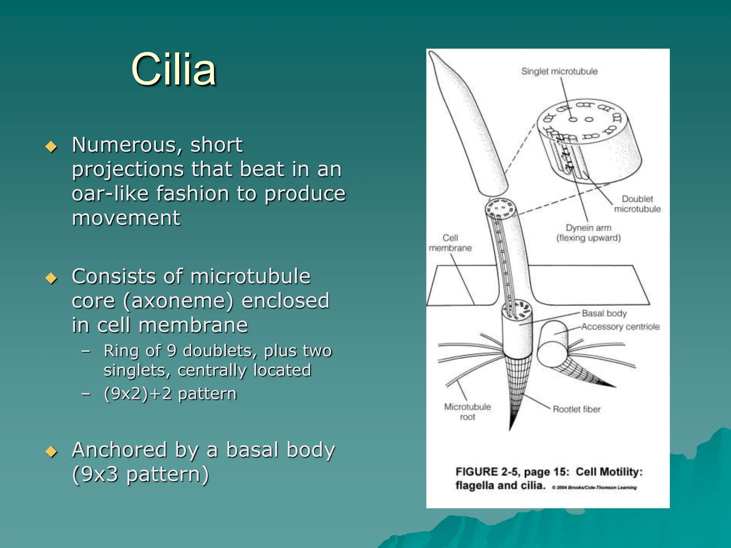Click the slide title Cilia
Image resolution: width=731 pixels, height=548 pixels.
173,70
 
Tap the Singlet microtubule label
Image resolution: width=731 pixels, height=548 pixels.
559,71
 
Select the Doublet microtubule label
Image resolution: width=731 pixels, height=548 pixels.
637,204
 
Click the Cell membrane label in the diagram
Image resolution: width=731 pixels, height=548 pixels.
450,243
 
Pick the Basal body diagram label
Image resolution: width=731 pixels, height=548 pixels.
604,313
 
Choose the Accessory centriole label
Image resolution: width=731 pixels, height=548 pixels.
620,326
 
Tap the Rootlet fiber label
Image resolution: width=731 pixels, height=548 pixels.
576,409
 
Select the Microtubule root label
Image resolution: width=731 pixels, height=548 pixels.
467,412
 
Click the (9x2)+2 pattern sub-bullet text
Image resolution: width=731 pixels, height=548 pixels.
170,394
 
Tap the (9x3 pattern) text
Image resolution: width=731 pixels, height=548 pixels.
140,474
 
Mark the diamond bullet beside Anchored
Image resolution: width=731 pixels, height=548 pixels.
51,452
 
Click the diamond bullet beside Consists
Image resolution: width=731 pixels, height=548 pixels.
51,278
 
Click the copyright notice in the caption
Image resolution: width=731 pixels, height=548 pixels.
594,487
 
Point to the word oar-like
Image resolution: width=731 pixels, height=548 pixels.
110,194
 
